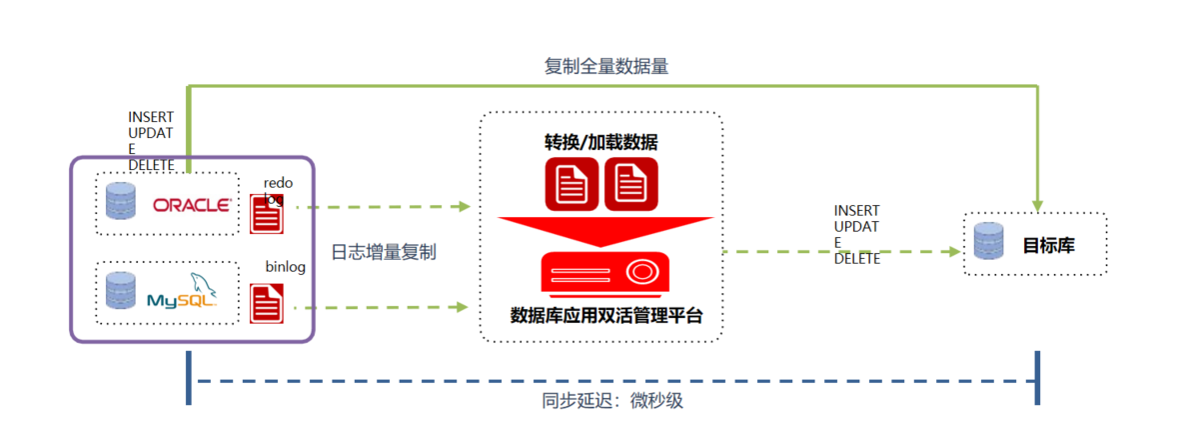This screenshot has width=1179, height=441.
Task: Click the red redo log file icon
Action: click(x=266, y=213)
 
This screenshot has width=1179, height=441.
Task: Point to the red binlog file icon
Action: click(x=266, y=303)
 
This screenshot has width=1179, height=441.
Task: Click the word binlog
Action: click(x=285, y=267)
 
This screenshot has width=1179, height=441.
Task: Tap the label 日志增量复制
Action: click(x=383, y=253)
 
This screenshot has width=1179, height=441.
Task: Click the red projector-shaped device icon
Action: click(x=601, y=273)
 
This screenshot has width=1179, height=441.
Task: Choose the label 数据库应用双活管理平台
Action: click(x=600, y=317)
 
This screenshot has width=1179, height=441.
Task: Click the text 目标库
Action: click(x=1048, y=244)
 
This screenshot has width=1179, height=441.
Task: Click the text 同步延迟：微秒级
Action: click(x=612, y=401)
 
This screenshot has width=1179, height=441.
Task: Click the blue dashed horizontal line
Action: click(x=612, y=380)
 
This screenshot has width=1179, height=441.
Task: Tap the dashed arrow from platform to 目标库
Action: click(x=839, y=251)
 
